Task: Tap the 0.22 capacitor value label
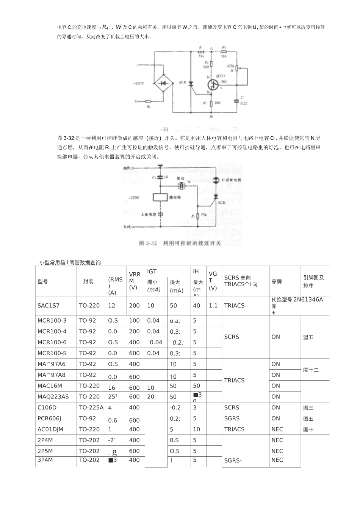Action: pyautogui.click(x=243, y=103)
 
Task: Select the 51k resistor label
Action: pyautogui.click(x=201, y=56)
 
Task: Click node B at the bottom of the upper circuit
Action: pyautogui.click(x=211, y=117)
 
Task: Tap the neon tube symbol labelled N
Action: pyautogui.click(x=183, y=186)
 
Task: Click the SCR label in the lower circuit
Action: pyautogui.click(x=222, y=203)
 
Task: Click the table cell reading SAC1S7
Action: pyautogui.click(x=49, y=306)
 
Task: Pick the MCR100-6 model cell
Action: pyautogui.click(x=52, y=342)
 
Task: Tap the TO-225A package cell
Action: pyautogui.click(x=91, y=408)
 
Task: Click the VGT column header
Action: pyautogui.click(x=213, y=281)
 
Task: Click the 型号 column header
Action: pyautogui.click(x=43, y=281)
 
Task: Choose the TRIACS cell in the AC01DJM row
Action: pyautogui.click(x=235, y=429)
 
